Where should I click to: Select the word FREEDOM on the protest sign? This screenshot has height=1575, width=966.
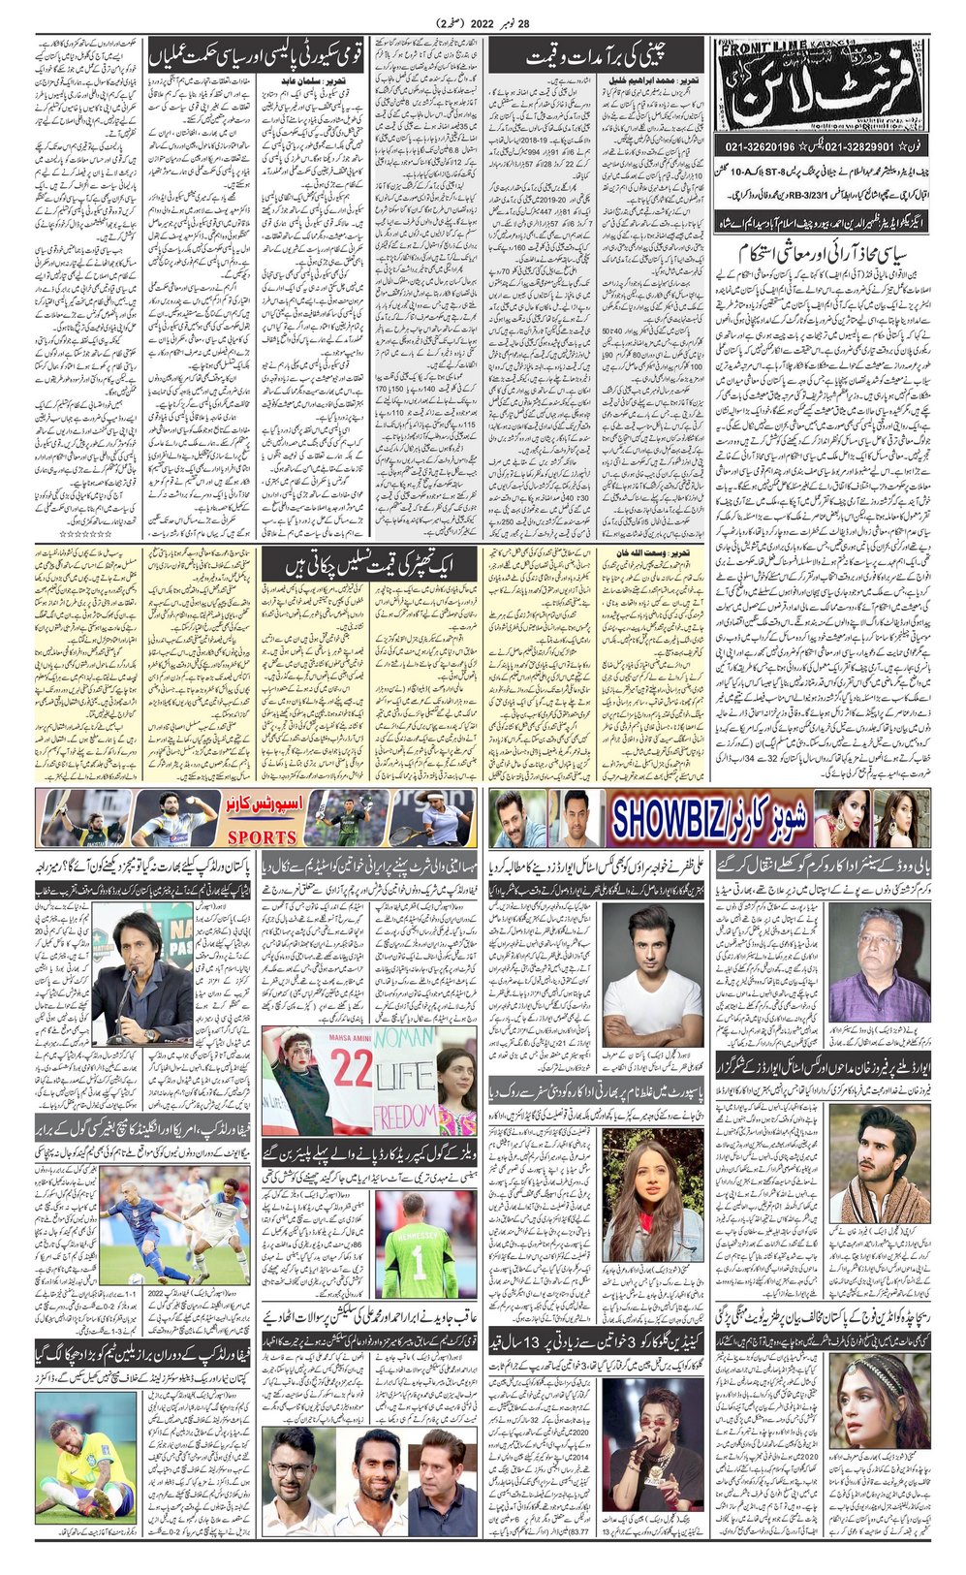(x=405, y=1115)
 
